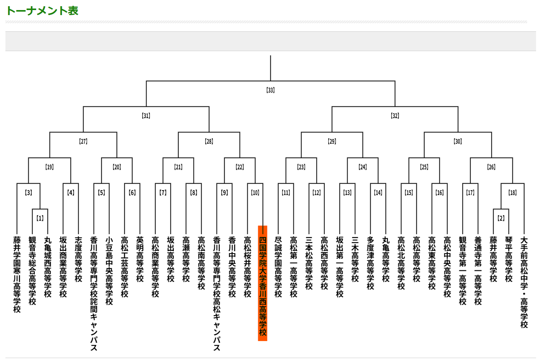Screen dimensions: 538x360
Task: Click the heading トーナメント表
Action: click(x=42, y=11)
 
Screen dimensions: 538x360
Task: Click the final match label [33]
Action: click(x=271, y=90)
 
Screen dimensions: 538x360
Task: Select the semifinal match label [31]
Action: click(x=146, y=116)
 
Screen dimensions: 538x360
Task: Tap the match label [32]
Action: click(x=395, y=116)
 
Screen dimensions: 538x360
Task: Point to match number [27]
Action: click(x=83, y=141)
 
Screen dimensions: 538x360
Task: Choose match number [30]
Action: click(x=458, y=141)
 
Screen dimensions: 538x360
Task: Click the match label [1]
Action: click(x=40, y=218)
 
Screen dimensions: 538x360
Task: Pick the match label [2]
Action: click(x=501, y=218)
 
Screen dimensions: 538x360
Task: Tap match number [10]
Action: click(x=255, y=193)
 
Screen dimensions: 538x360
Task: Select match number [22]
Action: click(x=240, y=167)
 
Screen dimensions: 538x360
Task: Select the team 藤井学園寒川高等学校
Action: click(x=17, y=274)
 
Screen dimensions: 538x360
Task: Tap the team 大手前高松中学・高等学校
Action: click(x=524, y=282)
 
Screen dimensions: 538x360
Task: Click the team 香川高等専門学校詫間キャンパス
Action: click(x=94, y=294)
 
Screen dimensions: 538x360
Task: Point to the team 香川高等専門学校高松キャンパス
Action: click(x=217, y=294)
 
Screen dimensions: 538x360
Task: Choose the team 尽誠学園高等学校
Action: click(x=278, y=267)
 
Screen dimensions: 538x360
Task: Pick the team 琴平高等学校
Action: click(x=509, y=259)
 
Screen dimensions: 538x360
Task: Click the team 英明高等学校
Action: click(x=140, y=259)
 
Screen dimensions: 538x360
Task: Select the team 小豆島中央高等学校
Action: click(x=109, y=271)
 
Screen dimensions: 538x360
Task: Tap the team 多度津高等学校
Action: click(x=370, y=263)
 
